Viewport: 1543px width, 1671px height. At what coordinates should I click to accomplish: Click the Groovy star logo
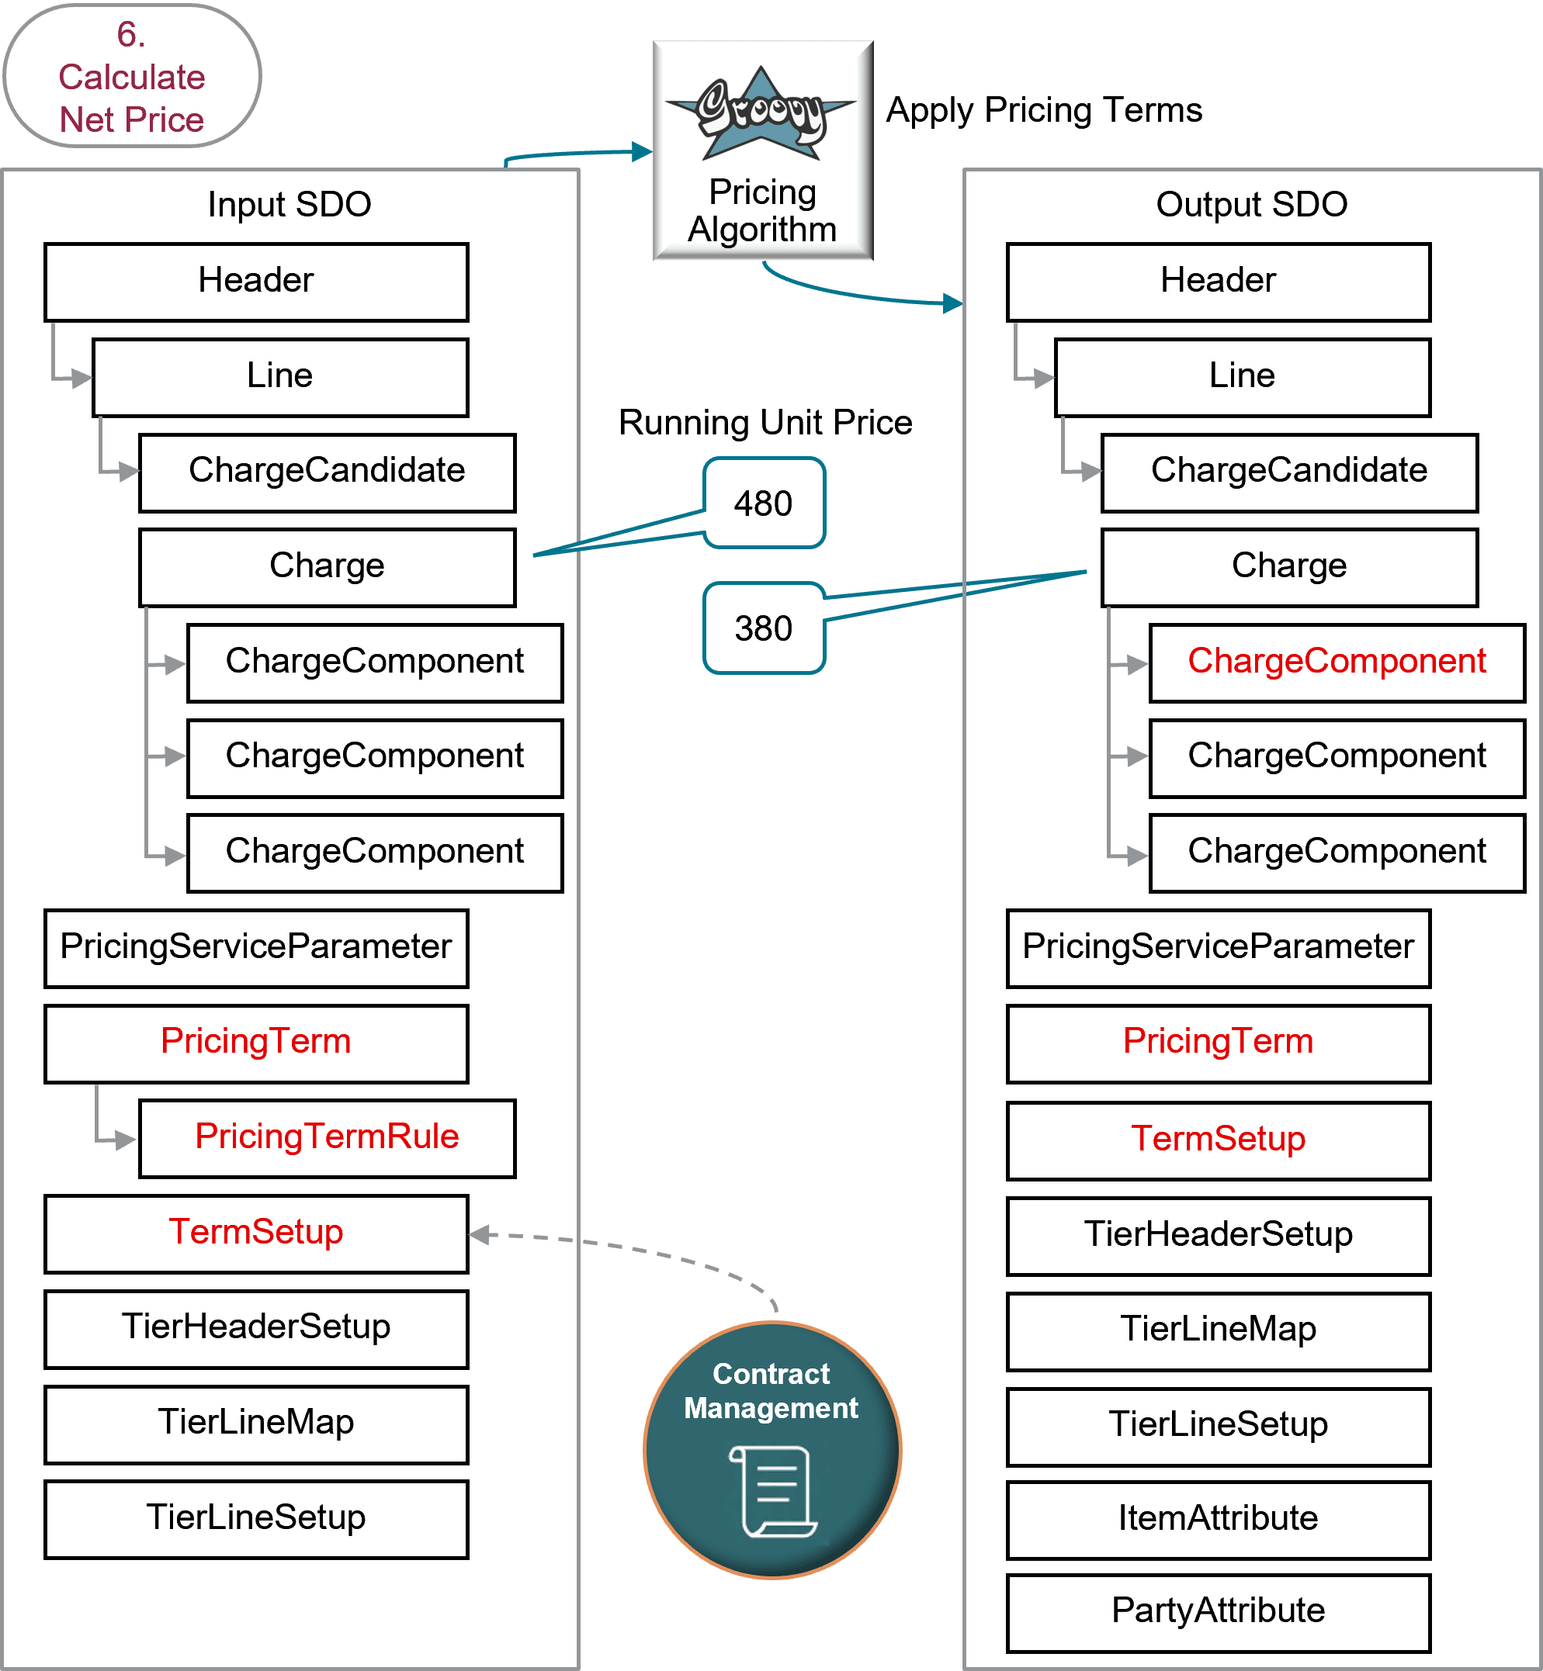pos(761,112)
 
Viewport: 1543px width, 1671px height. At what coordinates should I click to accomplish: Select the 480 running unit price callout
pos(764,503)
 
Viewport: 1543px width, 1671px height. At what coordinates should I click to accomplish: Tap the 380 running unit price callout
pos(764,628)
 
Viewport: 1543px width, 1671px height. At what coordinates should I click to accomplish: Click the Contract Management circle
pos(772,1450)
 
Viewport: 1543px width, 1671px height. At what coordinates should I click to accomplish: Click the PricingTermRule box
pos(328,1137)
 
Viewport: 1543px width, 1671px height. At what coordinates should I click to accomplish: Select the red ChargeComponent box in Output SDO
pos(1337,662)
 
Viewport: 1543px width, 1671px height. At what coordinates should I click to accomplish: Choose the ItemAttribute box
pos(1219,1518)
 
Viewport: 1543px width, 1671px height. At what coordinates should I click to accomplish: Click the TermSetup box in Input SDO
pos(256,1233)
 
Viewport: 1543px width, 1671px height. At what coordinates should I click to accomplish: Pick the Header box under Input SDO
pos(256,282)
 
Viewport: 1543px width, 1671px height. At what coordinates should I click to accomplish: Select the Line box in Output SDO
pos(1243,376)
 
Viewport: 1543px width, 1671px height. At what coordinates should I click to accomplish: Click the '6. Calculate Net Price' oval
pos(132,77)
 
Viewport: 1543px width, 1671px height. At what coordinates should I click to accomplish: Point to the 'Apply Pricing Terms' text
pos(1044,110)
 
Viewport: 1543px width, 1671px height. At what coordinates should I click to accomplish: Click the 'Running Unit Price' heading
pos(765,422)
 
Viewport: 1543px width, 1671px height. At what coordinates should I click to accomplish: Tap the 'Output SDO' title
pos(1252,205)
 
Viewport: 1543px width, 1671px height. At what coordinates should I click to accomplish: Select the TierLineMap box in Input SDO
pos(256,1423)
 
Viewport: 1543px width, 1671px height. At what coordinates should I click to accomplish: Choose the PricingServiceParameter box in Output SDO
pos(1219,947)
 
